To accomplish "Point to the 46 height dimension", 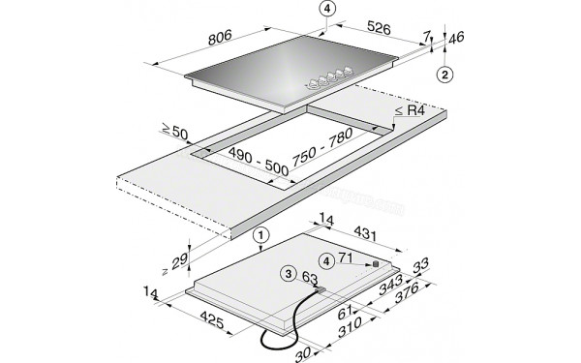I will click(458, 39).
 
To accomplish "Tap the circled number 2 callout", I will click(443, 75).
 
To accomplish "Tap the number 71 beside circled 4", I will click(350, 260).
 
